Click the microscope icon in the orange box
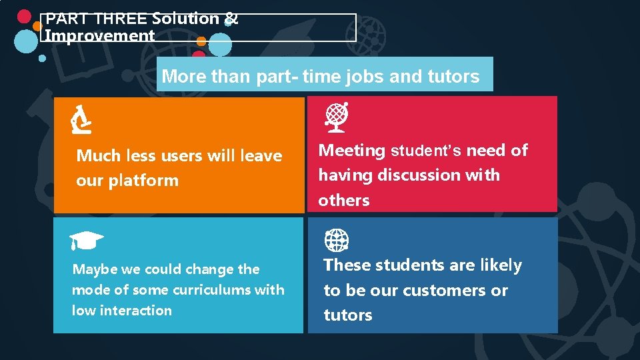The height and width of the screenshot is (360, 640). (81, 119)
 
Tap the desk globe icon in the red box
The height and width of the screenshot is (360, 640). (336, 115)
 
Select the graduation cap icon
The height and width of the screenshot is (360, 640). (86, 239)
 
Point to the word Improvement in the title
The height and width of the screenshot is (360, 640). (99, 35)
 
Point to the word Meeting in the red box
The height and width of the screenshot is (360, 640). (352, 151)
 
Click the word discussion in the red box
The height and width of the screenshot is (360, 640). (420, 175)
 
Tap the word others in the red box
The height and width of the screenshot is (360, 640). (344, 201)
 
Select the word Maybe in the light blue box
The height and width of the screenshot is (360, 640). (95, 269)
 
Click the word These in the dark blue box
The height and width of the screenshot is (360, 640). (347, 265)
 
